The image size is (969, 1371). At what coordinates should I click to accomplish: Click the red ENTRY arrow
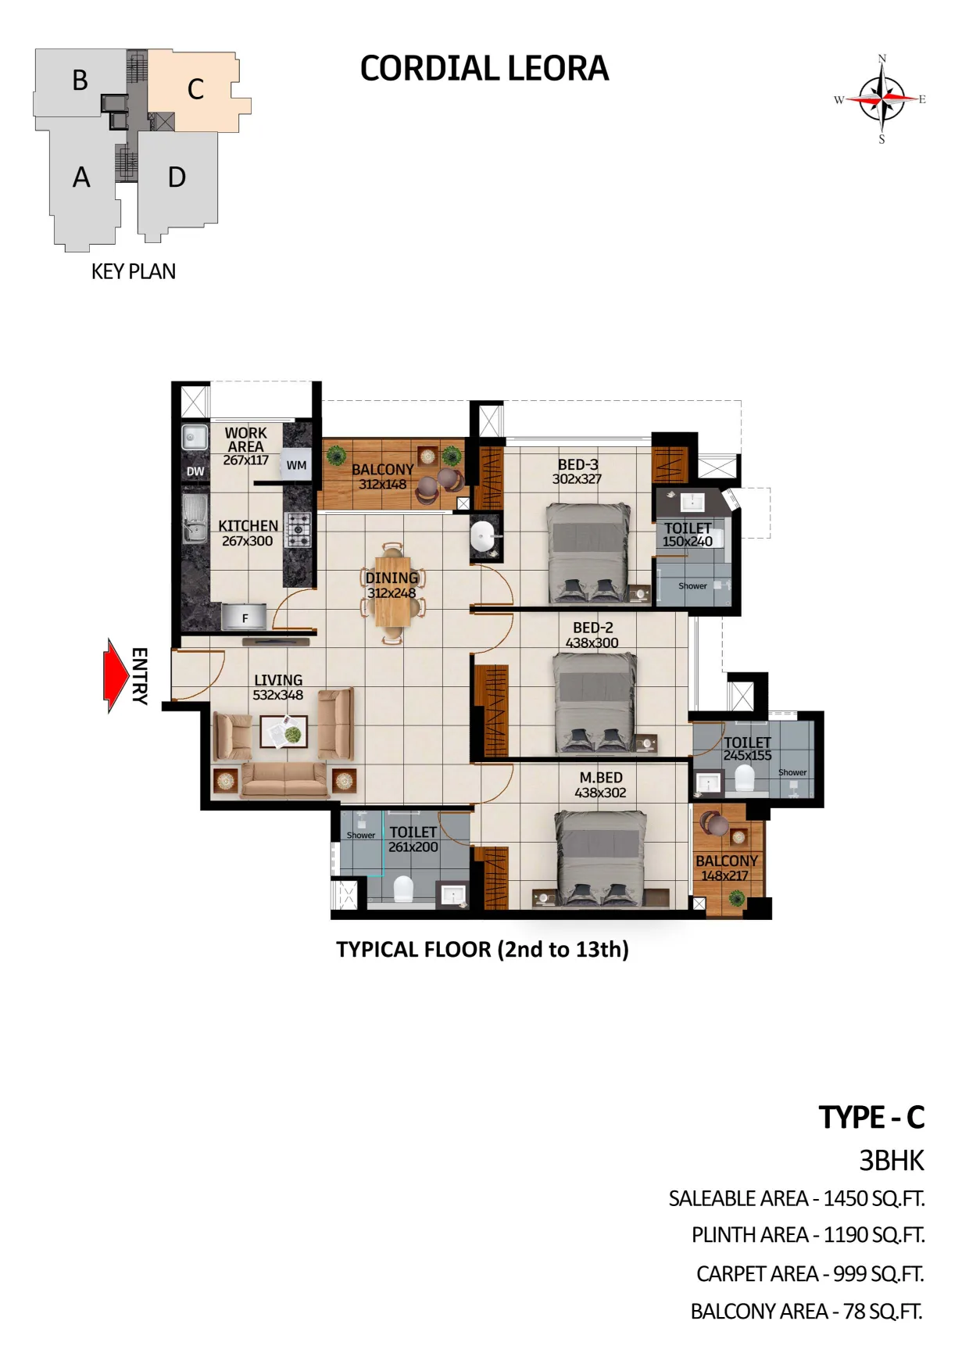coord(116,675)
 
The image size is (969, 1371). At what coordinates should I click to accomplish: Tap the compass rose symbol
coord(881,99)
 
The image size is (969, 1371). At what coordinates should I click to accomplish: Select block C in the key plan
coord(195,89)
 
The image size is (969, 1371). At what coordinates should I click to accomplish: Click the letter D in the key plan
coord(177,177)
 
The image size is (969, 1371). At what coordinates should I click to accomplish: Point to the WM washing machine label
coord(296,465)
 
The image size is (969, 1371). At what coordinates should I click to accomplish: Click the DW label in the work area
coord(195,471)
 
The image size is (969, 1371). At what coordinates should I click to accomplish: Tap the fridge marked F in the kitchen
coord(245,617)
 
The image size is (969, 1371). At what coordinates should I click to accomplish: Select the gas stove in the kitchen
coord(298,529)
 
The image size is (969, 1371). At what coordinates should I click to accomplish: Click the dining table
coord(392,592)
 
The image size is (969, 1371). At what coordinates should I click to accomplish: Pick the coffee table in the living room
coord(284,732)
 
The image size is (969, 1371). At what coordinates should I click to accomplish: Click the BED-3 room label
coord(577,464)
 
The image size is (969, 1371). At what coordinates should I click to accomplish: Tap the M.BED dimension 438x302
coord(600,793)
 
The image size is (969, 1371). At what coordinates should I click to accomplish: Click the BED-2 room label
coord(593,628)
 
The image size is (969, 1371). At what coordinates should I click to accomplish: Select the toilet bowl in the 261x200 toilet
coord(402,889)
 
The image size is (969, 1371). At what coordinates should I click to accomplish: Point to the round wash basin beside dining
coord(483,537)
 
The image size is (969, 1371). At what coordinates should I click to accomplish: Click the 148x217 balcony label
coord(725,875)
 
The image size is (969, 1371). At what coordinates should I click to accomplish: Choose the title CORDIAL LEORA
coord(484,69)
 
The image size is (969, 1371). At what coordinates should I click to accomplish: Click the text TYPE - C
coord(871,1118)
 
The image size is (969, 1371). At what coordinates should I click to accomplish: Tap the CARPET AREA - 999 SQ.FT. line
coord(810,1274)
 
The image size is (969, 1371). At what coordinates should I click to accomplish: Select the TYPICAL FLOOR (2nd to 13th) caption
coord(482,950)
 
